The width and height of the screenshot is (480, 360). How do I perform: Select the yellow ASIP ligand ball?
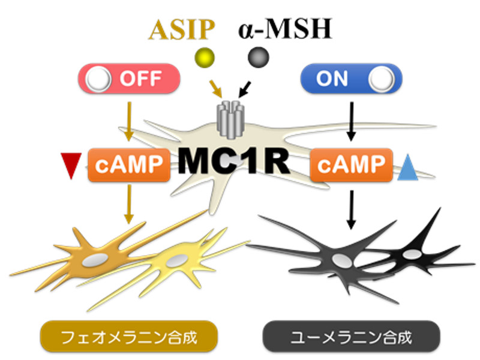coord(205,58)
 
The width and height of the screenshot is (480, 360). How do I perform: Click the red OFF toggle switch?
coord(129,79)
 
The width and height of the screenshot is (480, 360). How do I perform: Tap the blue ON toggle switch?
coord(350,79)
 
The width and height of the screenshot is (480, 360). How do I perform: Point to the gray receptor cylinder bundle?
coord(232,113)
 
